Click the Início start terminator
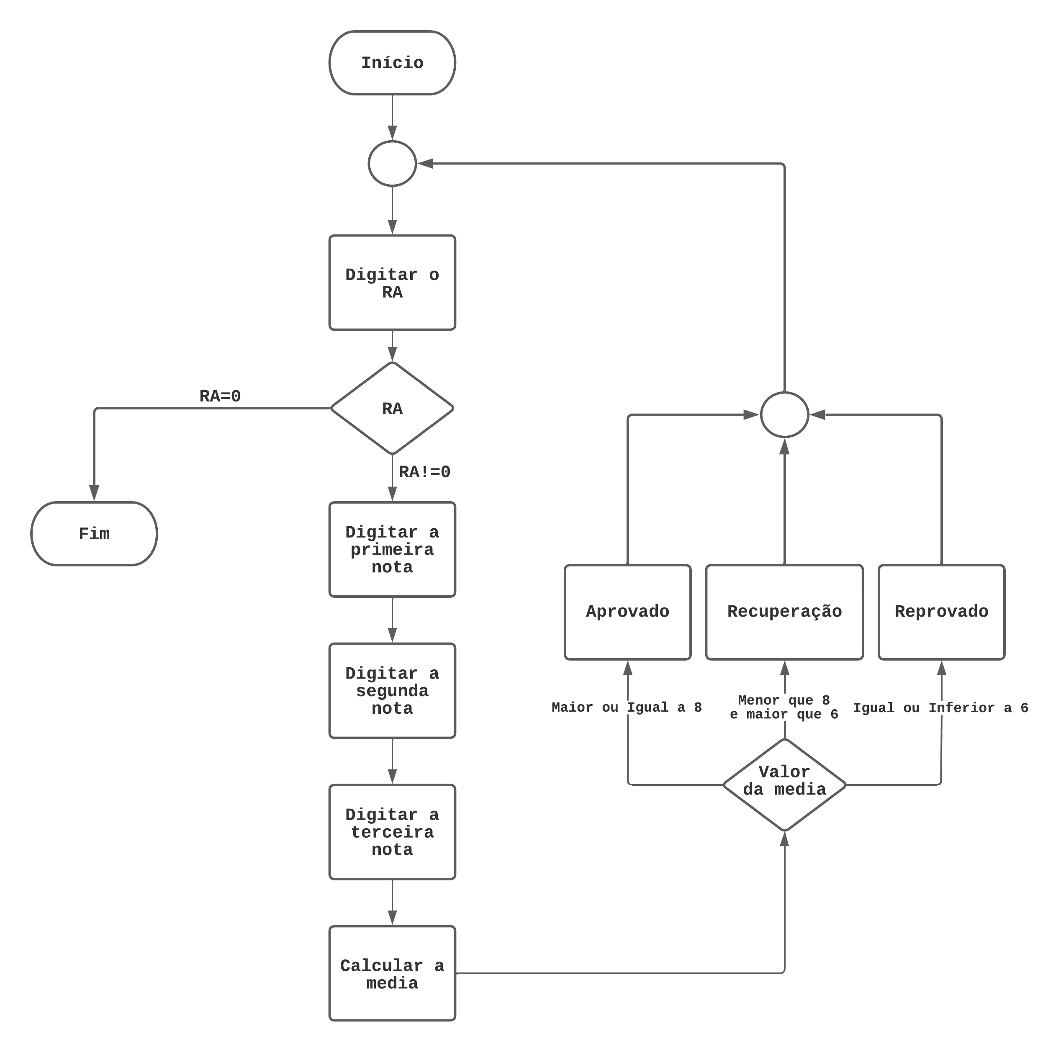[x=392, y=63]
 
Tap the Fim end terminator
[x=94, y=533]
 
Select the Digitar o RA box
[x=392, y=283]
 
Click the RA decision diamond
[x=392, y=408]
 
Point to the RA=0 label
[x=220, y=396]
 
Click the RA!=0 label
[x=424, y=471]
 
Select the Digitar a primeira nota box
[x=392, y=549]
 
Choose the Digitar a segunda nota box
[x=392, y=691]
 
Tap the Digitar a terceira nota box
[x=392, y=832]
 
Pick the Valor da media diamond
[x=784, y=784]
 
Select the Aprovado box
[x=627, y=612]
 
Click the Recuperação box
[x=784, y=612]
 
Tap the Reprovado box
[x=941, y=612]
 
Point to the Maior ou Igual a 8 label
[x=627, y=707]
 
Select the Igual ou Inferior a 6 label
[x=940, y=707]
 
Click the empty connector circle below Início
[x=392, y=163]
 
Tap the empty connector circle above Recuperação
[x=784, y=415]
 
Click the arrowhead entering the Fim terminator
[x=94, y=492]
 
